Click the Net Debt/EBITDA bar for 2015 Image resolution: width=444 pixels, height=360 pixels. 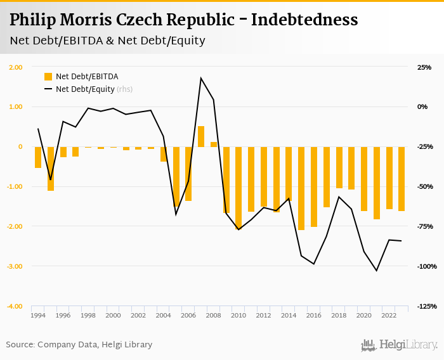(301, 188)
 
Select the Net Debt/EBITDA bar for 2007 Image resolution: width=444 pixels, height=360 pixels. (201, 136)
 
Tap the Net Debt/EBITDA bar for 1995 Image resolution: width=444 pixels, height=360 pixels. (51, 169)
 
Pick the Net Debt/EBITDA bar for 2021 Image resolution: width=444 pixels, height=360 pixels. (377, 183)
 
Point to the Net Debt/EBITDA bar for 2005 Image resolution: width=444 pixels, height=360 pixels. (176, 177)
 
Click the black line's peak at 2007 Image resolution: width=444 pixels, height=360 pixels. (201, 78)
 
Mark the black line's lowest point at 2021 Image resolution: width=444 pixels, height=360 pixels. (377, 271)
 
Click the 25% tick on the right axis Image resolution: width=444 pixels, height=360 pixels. (424, 67)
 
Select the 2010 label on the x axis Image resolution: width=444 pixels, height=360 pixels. (238, 315)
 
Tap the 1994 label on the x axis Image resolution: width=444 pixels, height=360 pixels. (38, 315)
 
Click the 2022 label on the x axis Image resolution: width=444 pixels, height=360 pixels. (389, 315)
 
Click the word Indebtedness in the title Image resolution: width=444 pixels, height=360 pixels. (304, 20)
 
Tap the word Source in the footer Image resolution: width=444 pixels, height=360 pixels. (20, 345)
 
